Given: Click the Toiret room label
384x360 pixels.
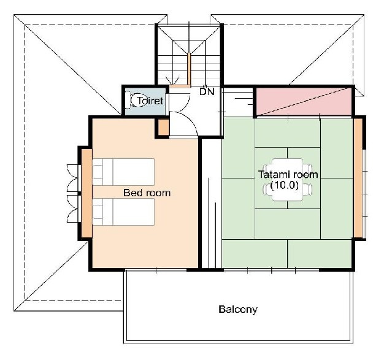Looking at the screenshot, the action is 150,101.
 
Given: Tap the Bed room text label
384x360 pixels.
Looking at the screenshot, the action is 147,193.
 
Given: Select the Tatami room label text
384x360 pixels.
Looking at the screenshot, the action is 288,175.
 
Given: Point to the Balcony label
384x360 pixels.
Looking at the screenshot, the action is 238,309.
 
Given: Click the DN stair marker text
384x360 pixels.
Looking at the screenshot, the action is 207,92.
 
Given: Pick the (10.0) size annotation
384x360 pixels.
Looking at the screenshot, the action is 285,185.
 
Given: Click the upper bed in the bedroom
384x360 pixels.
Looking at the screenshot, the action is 123,172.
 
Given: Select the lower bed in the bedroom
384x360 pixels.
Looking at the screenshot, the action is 123,212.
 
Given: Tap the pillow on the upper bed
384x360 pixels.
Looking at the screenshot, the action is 98,172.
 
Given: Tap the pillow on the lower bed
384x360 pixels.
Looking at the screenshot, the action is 98,212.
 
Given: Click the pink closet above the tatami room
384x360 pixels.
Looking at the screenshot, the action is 304,101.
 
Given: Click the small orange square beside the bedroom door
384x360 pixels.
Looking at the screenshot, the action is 164,128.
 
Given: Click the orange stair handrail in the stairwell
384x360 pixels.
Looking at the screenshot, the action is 189,70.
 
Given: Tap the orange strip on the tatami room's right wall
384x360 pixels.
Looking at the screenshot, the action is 358,178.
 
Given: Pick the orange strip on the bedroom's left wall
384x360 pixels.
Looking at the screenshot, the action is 86,193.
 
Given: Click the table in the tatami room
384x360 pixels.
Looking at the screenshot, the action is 288,180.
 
